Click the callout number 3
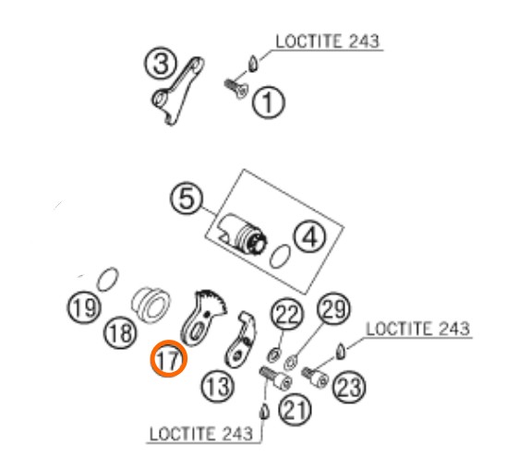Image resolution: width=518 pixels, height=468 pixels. pos(161,63)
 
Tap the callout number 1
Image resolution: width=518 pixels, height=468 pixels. pos(268,102)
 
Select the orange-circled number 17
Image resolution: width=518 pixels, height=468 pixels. pos(169,359)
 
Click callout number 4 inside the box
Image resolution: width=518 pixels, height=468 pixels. pos(310,236)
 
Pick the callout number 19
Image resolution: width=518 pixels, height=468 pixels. pos(84,307)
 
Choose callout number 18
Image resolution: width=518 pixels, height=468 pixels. pos(120,332)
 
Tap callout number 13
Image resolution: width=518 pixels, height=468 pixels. pos(218,386)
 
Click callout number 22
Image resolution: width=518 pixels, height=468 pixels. pos(287,314)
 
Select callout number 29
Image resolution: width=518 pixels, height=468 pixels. pos(333,309)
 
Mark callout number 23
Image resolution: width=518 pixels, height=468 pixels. pos(349,386)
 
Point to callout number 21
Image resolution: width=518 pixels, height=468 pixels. pos(295,409)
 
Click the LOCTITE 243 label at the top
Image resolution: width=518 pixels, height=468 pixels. pos(328,42)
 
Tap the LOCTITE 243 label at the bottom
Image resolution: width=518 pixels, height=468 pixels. pos(201,434)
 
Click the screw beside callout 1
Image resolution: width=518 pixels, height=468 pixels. pos(235,89)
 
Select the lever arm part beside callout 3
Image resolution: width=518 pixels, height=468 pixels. pos(178,91)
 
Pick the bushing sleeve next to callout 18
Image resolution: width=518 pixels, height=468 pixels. pos(151,306)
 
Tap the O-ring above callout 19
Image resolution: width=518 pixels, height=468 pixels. pos(108,280)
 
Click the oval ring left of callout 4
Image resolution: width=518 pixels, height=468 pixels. pos(280,257)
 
